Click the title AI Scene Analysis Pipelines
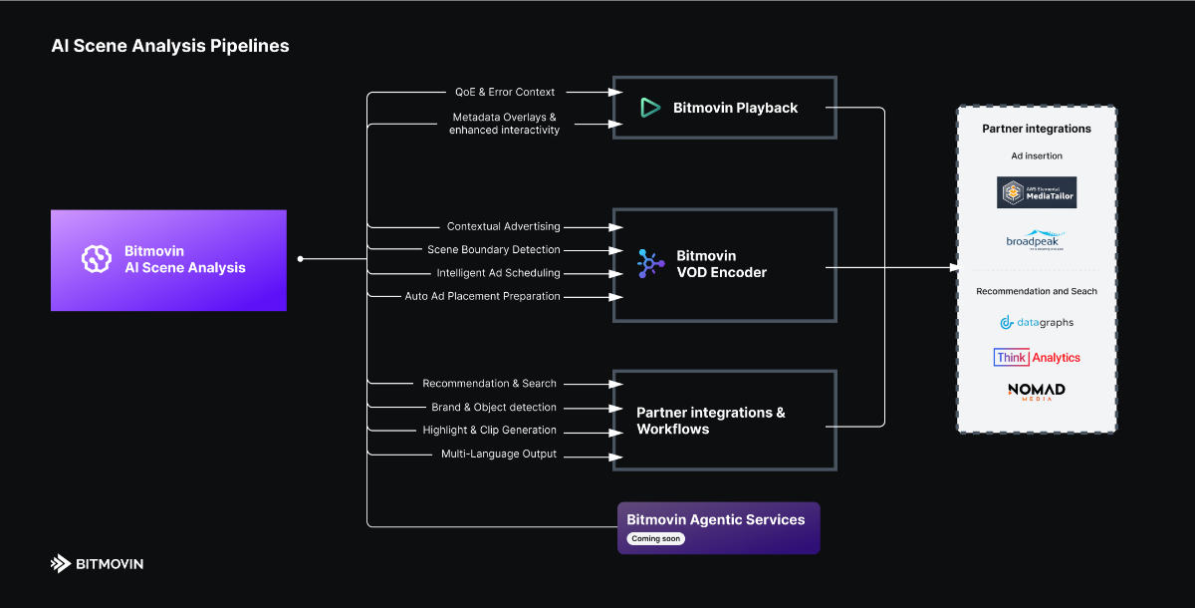pos(170,46)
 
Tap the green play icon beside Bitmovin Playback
pos(650,108)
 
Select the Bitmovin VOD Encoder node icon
pos(650,263)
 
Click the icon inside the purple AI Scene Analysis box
pos(96,259)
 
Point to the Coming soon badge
pos(656,538)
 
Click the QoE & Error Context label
pos(505,92)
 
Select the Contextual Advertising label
pos(503,226)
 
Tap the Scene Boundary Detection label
pos(494,249)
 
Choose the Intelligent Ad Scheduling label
pos(498,273)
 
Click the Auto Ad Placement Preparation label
pos(482,296)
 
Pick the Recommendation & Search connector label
pos(489,383)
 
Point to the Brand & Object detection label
pos(494,407)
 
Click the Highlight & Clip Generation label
pos(489,430)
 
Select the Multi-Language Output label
pos(499,454)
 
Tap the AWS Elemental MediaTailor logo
pos(1037,192)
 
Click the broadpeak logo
pos(1036,241)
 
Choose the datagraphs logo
pos(1037,322)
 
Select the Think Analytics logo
pos(1037,357)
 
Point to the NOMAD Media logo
pos(1037,391)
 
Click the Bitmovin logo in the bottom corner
pos(97,564)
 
